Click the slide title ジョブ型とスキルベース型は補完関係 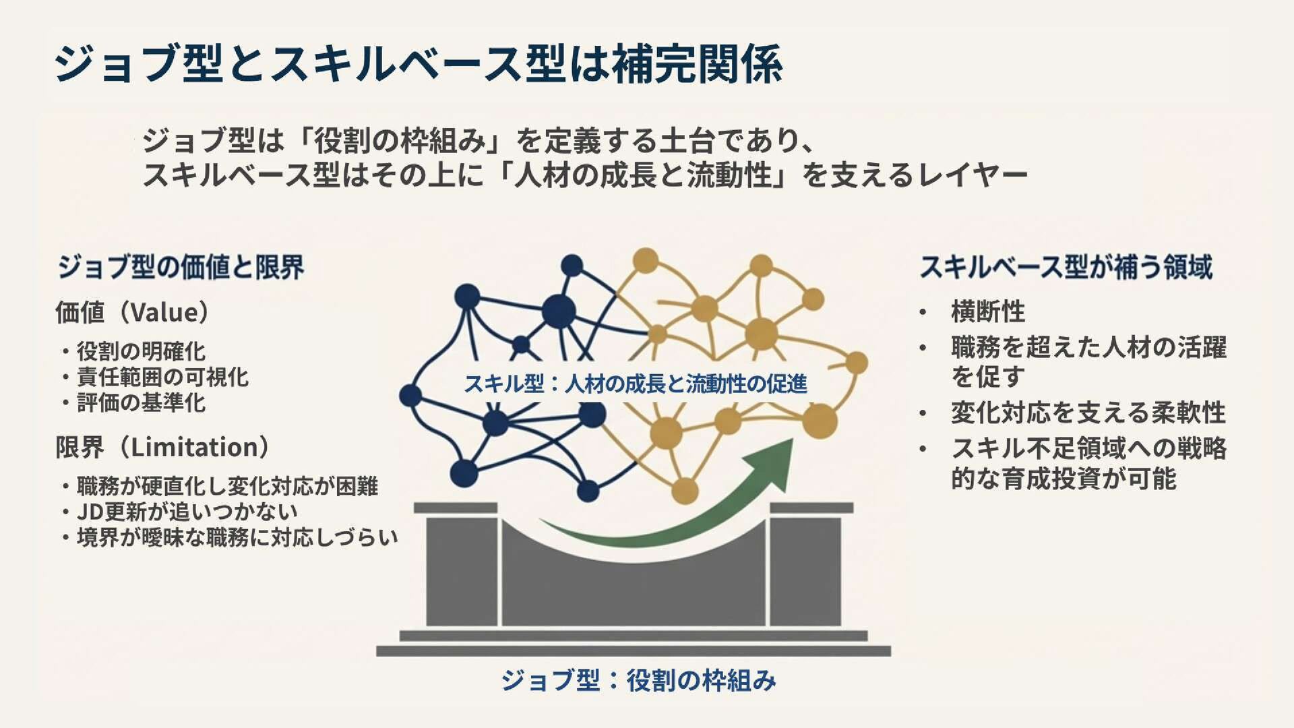tap(418, 64)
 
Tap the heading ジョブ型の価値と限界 tap(181, 268)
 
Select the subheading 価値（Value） tap(133, 312)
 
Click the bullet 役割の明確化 tap(140, 351)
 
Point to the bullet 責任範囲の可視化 tap(162, 377)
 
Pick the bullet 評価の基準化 tap(140, 402)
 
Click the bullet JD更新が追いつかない tap(187, 512)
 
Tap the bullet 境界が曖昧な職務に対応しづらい tap(237, 537)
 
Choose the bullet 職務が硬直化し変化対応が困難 tap(227, 486)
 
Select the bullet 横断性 tap(988, 312)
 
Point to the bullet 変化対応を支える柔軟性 tap(1088, 413)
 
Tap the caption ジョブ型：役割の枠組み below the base tap(638, 680)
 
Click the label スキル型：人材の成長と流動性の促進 tap(635, 384)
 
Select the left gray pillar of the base tap(462, 570)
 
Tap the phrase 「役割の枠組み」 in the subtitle tap(400, 141)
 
